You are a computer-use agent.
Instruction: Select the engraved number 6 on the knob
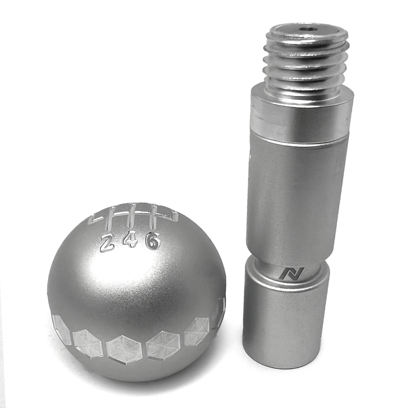[152, 240]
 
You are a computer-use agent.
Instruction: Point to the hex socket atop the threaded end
[307, 31]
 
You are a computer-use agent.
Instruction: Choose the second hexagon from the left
[88, 343]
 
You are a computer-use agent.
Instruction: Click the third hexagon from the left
[124, 349]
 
